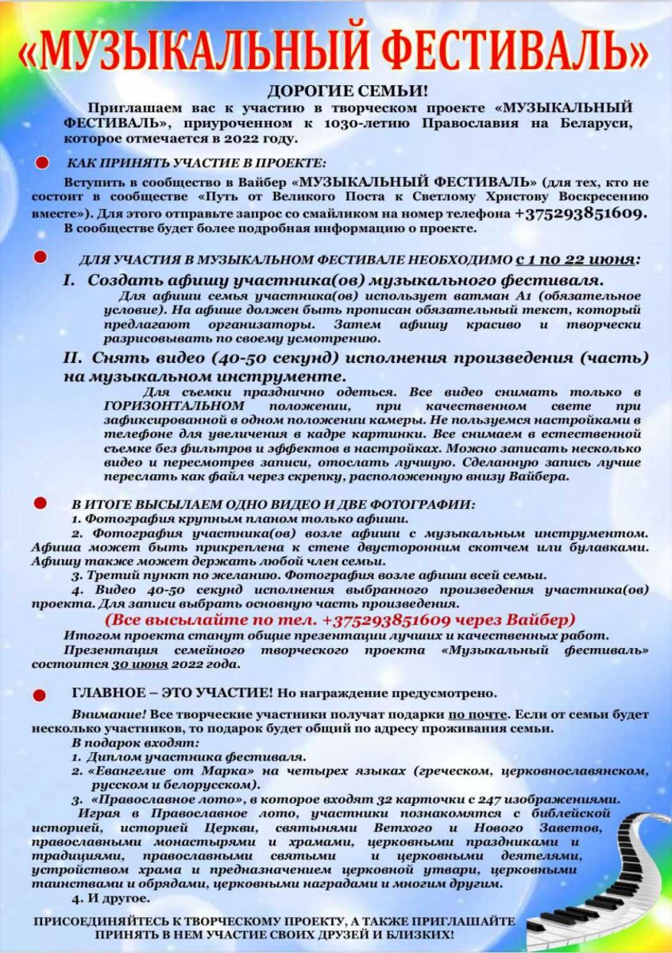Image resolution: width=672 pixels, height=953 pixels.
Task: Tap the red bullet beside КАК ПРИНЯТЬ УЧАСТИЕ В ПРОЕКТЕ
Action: click(x=41, y=163)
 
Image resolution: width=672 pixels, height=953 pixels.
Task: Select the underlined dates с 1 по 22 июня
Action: click(x=576, y=260)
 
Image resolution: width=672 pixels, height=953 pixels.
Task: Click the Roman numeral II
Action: click(x=73, y=358)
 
